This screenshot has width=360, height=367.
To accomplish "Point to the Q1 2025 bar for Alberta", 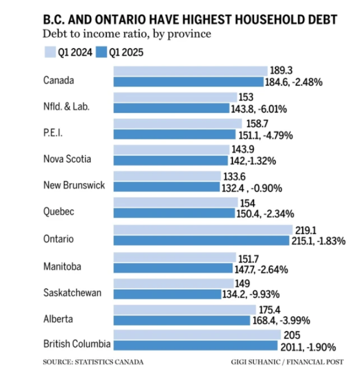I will (x=183, y=320).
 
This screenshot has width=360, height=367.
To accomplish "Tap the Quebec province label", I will (x=58, y=211).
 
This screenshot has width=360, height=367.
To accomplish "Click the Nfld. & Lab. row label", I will (x=66, y=106).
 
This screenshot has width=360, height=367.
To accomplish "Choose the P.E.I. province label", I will (x=53, y=133).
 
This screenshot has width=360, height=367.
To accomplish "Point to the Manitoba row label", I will (x=63, y=266).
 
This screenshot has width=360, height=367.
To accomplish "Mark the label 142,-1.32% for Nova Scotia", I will (x=253, y=161).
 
